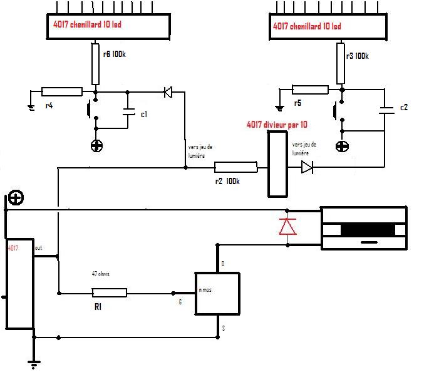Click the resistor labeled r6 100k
(95, 64)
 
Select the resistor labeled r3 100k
(341, 63)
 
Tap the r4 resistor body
(61, 92)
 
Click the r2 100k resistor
(235, 167)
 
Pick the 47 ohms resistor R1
(109, 292)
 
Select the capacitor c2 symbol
(384, 110)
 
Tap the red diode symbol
(287, 225)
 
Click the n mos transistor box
(217, 293)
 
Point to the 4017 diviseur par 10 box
(276, 163)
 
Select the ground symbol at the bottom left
(33, 361)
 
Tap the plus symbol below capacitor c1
(96, 146)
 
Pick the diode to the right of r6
(167, 93)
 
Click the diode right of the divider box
(306, 167)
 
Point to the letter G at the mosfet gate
(180, 302)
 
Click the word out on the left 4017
(39, 247)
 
